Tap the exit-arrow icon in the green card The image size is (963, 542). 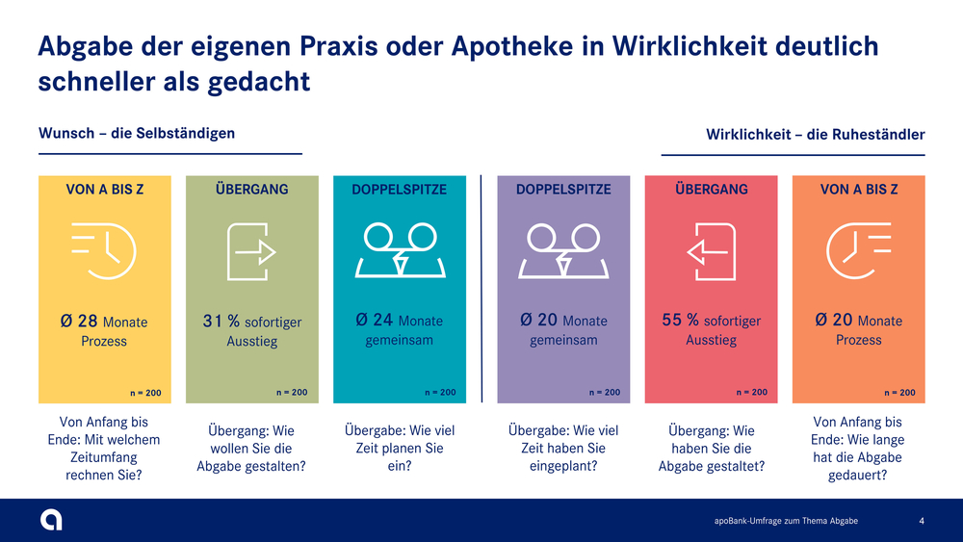pos(251,251)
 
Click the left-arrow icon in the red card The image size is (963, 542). pos(711,251)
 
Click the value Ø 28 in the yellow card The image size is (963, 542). pos(79,321)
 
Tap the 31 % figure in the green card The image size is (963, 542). pos(221,321)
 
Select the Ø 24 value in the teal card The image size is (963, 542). pos(374,320)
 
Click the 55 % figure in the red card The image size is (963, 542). pos(681,320)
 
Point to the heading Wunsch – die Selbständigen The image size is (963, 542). pos(137,133)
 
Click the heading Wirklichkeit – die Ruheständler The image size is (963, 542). pos(815,135)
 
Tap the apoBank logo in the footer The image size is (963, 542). pos(51,520)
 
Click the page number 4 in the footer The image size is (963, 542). pos(922,521)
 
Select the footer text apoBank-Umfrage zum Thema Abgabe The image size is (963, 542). pos(786,521)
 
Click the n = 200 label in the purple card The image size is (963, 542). pos(605,392)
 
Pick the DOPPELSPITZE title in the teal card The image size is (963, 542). pos(400,190)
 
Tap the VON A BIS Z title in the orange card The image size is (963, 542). pos(859,190)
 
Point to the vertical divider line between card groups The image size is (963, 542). pos(481,289)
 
